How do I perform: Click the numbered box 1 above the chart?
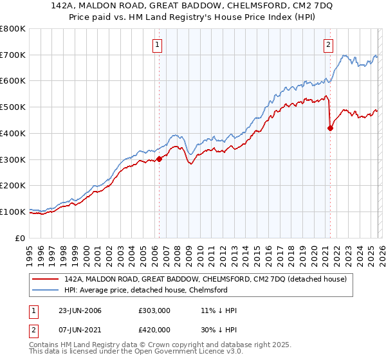tap(158, 44)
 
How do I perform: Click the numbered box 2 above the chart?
tap(328, 44)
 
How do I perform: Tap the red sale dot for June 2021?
tap(330, 128)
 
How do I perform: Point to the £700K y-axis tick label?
tap(13, 55)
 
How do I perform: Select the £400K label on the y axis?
tap(13, 133)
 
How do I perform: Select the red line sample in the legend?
tap(46, 279)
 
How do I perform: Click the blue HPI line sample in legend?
tap(46, 290)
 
